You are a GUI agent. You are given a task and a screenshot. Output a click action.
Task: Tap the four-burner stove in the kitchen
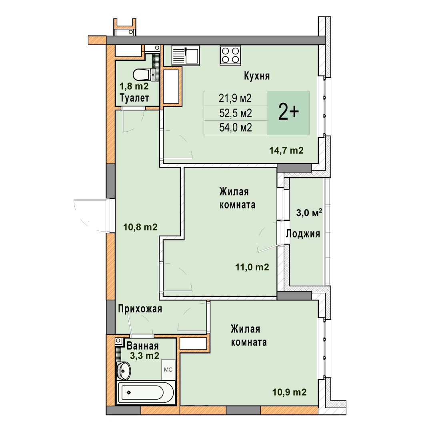click(230, 55)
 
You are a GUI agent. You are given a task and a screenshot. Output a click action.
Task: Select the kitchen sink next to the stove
click(186, 55)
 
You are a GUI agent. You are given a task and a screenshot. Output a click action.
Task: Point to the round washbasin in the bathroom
click(124, 371)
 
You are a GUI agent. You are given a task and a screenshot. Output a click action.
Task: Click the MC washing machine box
click(168, 370)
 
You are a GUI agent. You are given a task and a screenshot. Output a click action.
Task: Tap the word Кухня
click(257, 76)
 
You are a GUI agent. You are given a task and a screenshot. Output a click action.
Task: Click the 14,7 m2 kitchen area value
click(286, 150)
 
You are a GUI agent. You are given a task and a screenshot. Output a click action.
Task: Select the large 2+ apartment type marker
click(288, 112)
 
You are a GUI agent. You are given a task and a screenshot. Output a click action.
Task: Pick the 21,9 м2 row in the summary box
click(235, 98)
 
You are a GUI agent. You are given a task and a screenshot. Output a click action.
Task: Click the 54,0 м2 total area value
click(236, 128)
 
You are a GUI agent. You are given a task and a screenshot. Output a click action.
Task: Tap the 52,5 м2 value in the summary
click(236, 113)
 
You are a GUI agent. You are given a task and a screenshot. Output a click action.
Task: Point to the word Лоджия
click(303, 234)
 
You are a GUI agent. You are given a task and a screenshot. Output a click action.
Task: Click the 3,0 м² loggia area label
click(309, 213)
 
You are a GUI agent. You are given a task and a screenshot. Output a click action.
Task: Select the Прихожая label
click(140, 309)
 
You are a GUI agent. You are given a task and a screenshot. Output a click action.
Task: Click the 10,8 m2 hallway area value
click(140, 227)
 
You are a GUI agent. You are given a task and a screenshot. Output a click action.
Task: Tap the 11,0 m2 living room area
click(252, 267)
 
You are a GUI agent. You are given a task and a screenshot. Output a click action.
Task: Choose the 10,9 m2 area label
click(289, 392)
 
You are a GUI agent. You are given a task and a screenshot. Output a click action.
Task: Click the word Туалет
click(134, 98)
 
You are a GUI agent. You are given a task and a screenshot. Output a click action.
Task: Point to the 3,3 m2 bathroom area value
click(145, 356)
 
